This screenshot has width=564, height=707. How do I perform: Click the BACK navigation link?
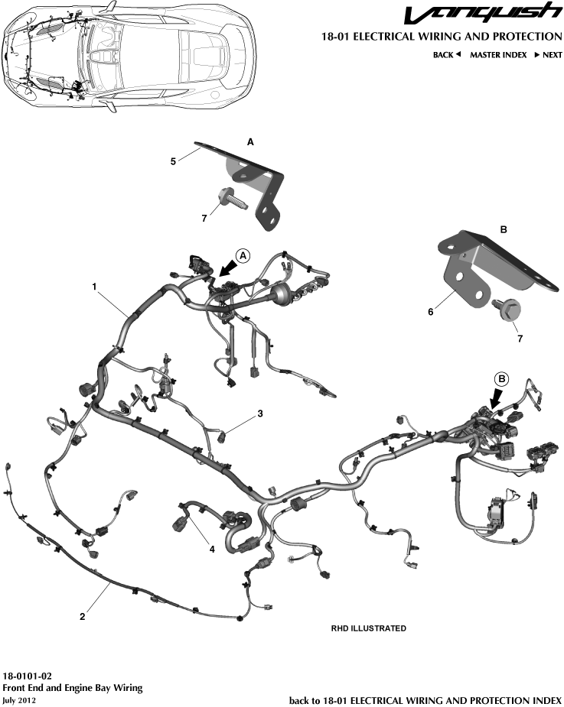click(x=447, y=55)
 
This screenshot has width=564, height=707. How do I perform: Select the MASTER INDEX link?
click(x=498, y=55)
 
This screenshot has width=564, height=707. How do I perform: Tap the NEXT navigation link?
click(x=548, y=55)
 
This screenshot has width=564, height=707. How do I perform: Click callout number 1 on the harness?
click(x=94, y=287)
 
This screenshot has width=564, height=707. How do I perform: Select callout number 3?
click(x=260, y=413)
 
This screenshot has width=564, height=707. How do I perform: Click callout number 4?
click(x=212, y=548)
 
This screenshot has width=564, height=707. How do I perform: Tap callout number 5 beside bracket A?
click(x=173, y=161)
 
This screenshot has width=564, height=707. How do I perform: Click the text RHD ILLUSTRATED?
click(x=368, y=628)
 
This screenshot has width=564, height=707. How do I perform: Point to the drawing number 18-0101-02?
click(x=28, y=676)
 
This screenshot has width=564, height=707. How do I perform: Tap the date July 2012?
click(x=20, y=700)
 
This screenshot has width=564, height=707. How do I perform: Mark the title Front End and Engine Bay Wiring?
click(x=73, y=688)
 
